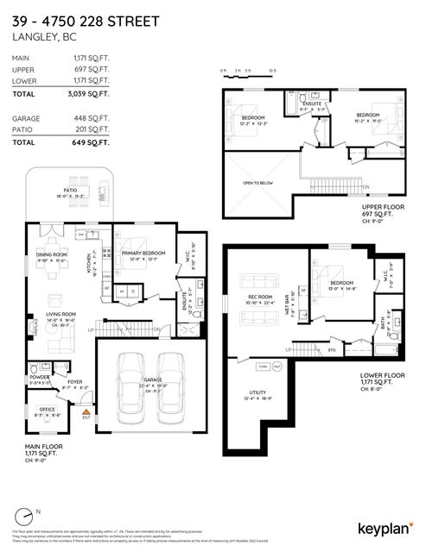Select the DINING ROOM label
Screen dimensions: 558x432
click(x=50, y=254)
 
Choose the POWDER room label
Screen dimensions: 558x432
click(x=39, y=376)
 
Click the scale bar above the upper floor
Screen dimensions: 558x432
click(x=247, y=72)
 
